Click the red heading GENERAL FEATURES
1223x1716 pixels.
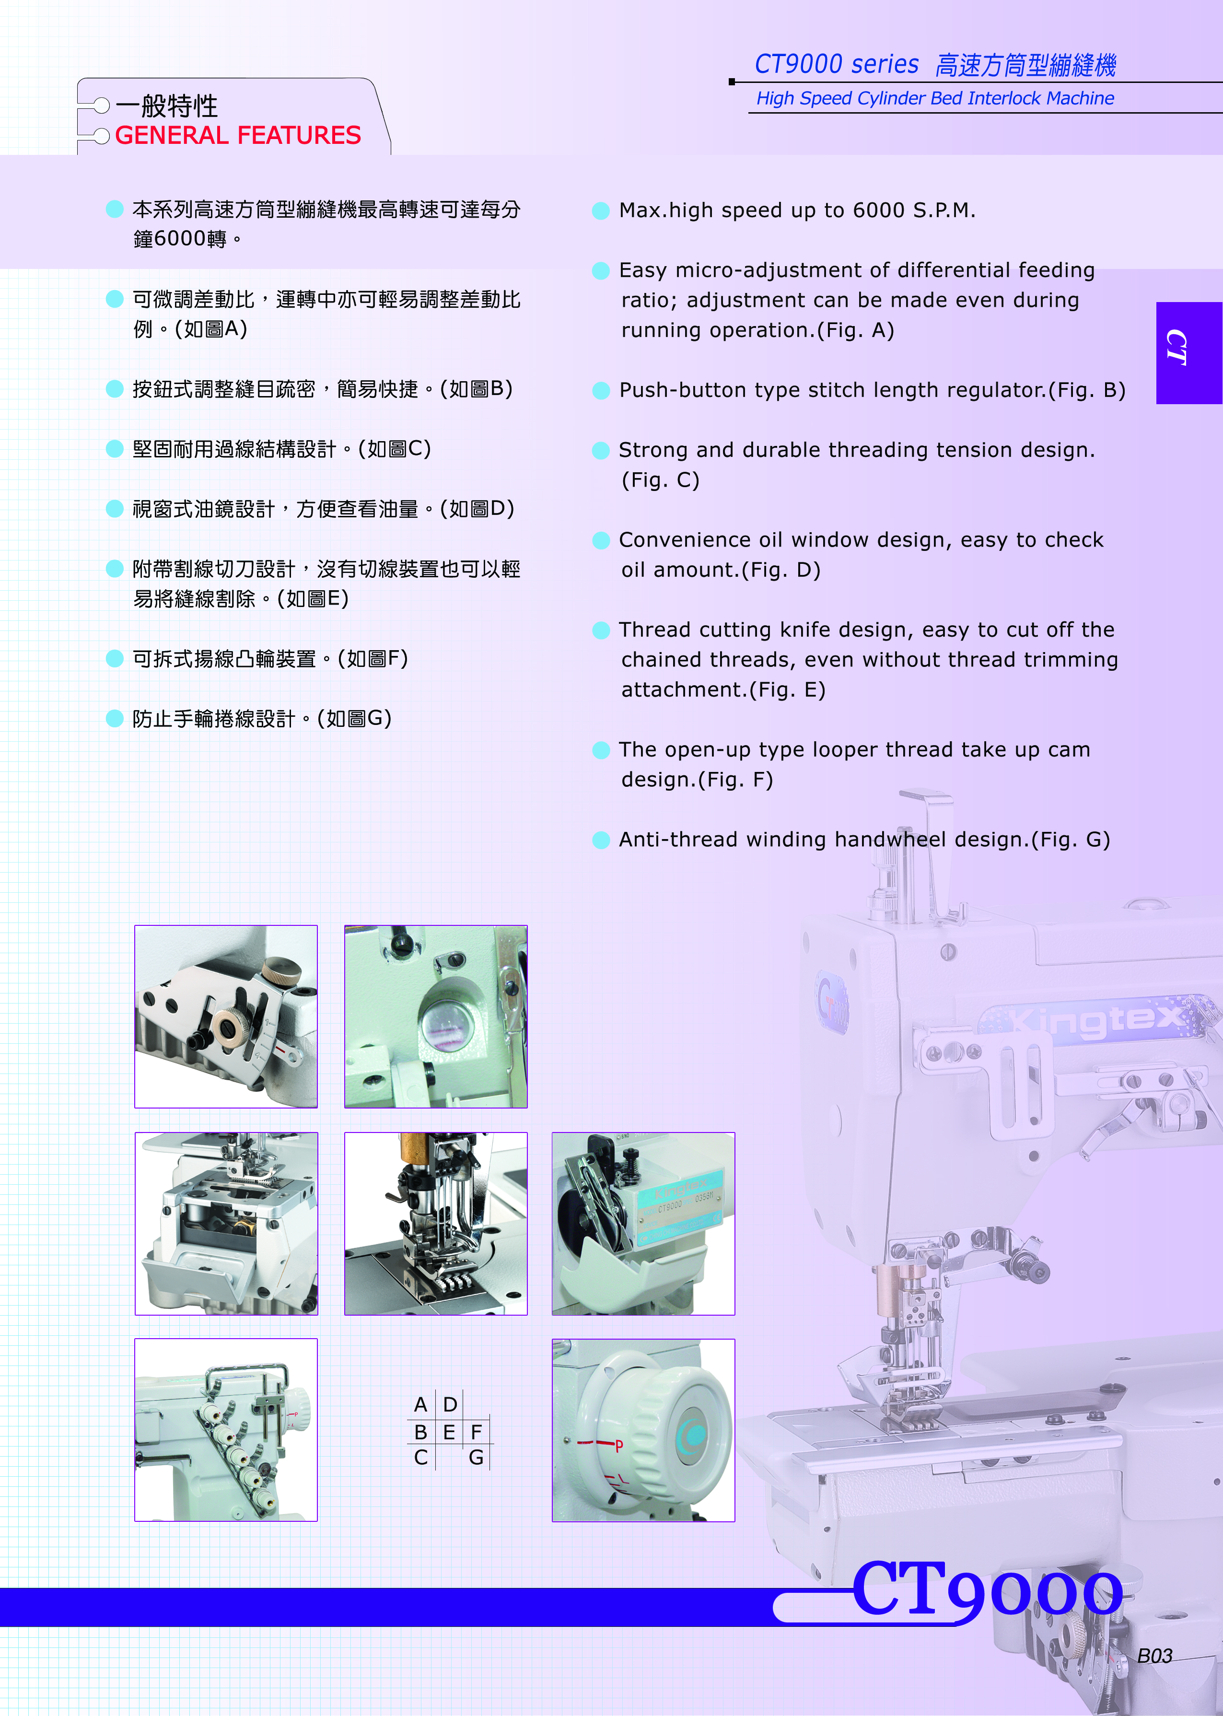(x=238, y=136)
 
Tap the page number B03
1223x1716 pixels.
(x=1154, y=1656)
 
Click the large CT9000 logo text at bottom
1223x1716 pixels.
(x=987, y=1589)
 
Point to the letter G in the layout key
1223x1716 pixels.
(x=476, y=1458)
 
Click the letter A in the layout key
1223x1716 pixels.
(x=421, y=1404)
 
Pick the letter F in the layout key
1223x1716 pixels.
(x=476, y=1431)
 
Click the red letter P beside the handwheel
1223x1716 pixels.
(x=619, y=1445)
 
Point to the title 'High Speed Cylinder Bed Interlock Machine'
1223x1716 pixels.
(x=935, y=99)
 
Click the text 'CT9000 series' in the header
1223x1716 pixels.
(x=837, y=65)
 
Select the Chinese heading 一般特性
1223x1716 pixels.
(x=167, y=105)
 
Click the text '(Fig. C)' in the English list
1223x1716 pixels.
(x=661, y=480)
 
